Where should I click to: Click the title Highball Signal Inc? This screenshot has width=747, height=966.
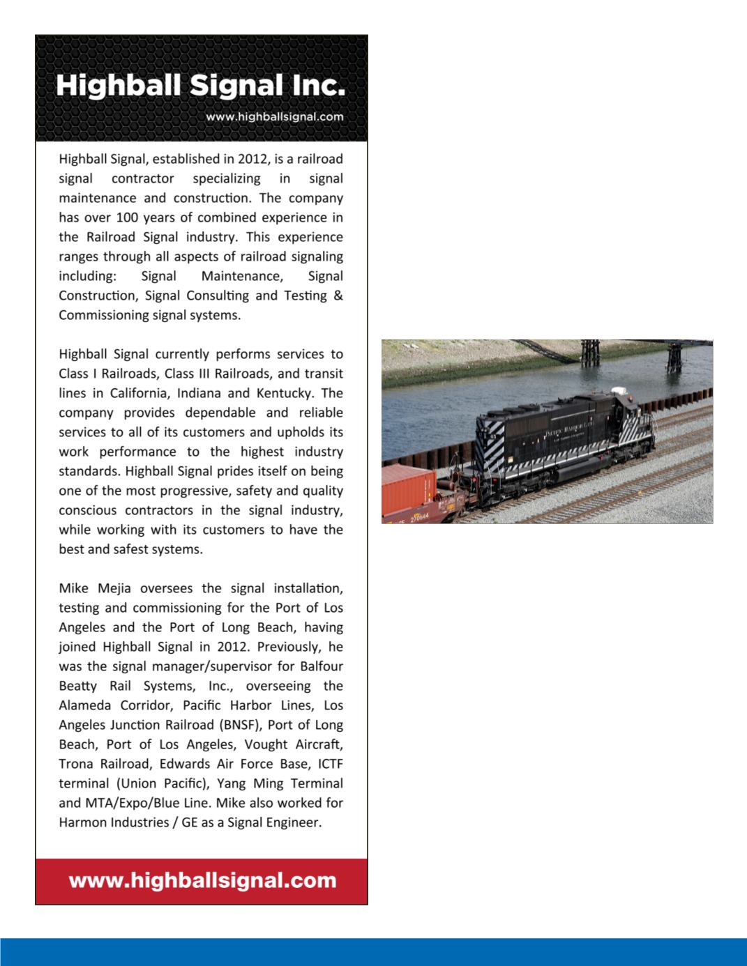point(201,86)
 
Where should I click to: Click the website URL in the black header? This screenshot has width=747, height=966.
point(274,117)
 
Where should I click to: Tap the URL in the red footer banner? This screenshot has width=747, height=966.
point(202,880)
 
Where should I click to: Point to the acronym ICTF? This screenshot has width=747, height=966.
point(330,764)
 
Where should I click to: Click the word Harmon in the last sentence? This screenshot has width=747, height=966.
point(81,822)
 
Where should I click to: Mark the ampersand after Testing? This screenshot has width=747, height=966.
point(338,296)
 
